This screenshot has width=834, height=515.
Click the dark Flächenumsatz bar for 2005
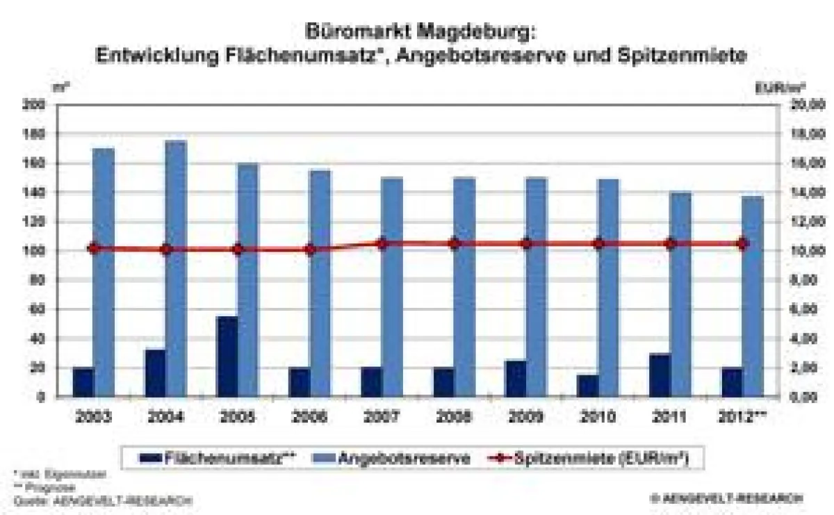tap(227, 356)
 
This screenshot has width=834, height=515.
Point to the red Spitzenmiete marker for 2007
tap(382, 243)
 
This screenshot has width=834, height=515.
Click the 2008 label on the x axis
tap(454, 417)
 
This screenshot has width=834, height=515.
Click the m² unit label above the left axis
tap(60, 88)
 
